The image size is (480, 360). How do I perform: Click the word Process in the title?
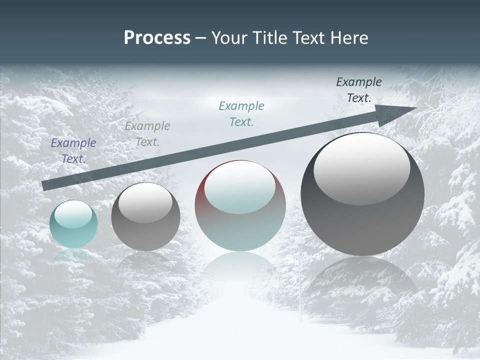pos(157,38)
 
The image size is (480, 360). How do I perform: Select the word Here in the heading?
pos(349,38)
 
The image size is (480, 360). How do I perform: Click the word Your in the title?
pos(229,38)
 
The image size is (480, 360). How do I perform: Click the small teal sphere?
pos(73,224)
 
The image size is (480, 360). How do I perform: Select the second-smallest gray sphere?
pos(145,216)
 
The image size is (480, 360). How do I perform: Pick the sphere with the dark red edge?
pos(240,205)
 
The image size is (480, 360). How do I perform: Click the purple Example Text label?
pos(73,150)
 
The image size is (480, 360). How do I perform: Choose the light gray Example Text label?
pos(147,133)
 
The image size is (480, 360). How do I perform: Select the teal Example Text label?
pos(241,113)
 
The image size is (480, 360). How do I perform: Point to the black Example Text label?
pos(359,89)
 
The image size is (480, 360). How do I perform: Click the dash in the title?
pos(200,38)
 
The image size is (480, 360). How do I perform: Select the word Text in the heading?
pos(309,38)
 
